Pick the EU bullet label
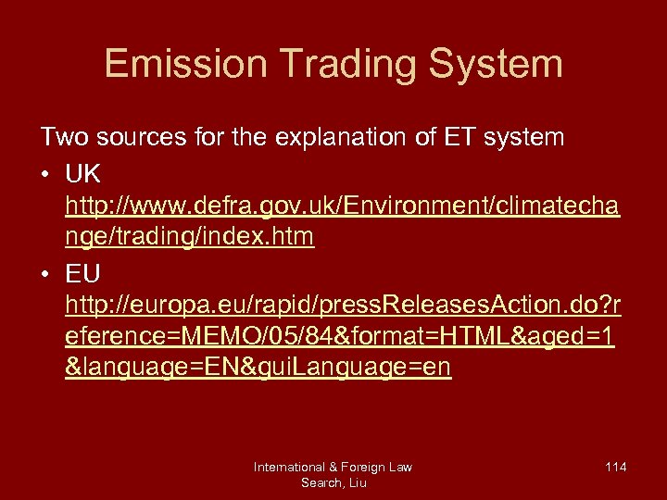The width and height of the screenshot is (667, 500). pyautogui.click(x=83, y=274)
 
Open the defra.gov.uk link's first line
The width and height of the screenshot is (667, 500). pyautogui.click(x=343, y=205)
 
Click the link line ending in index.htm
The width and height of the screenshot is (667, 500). pyautogui.click(x=190, y=237)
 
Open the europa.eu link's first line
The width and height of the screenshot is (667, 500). pyautogui.click(x=343, y=306)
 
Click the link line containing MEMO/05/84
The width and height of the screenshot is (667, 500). pyautogui.click(x=339, y=337)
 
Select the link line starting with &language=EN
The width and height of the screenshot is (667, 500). pyautogui.click(x=258, y=369)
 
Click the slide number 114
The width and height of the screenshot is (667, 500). pyautogui.click(x=615, y=467)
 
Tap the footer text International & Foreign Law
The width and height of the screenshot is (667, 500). pyautogui.click(x=333, y=467)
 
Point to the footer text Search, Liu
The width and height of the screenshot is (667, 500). pyautogui.click(x=333, y=482)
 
